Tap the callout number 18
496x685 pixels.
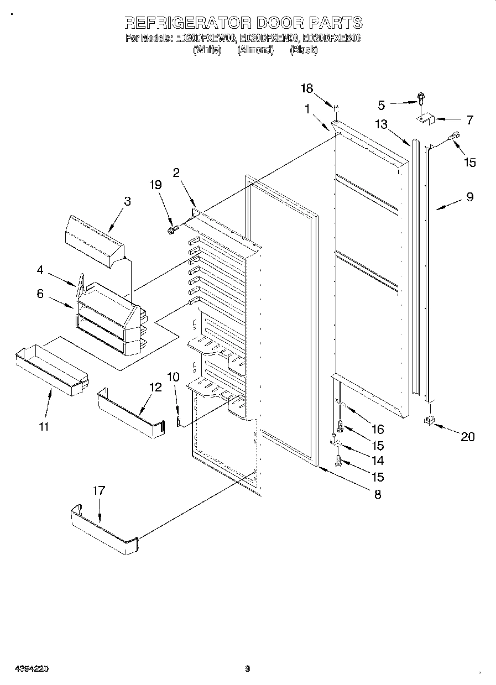(x=306, y=88)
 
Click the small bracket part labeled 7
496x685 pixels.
(x=426, y=118)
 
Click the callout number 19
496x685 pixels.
(x=156, y=185)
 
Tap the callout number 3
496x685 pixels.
(x=128, y=201)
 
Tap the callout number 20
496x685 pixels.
(x=467, y=436)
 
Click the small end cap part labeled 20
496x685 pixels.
(x=428, y=422)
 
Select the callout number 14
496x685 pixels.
(x=378, y=461)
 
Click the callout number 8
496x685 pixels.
(x=378, y=494)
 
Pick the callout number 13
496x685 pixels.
(x=381, y=125)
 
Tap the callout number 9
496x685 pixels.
(x=469, y=196)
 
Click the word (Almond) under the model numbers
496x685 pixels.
(x=255, y=50)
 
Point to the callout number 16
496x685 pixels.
(x=378, y=429)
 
